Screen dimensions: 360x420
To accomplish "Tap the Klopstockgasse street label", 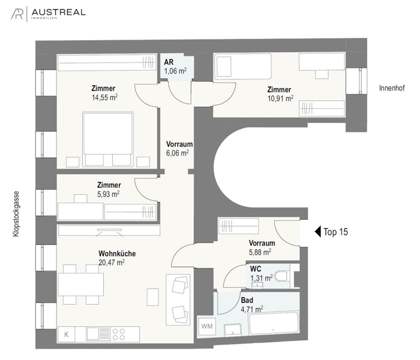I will (14, 214).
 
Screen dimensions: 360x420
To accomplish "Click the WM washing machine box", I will (207, 326).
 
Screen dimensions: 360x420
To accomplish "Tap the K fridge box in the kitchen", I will (67, 334).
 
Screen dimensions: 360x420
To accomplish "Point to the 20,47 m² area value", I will (112, 262).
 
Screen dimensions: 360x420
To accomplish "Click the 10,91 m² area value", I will (280, 98).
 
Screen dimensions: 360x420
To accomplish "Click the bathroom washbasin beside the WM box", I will (232, 328).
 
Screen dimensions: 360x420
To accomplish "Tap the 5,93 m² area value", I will (109, 194).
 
